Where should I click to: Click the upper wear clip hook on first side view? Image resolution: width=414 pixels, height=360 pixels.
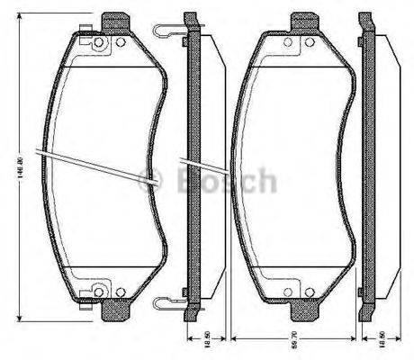167,31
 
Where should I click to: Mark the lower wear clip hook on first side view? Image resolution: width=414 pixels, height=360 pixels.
167,301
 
